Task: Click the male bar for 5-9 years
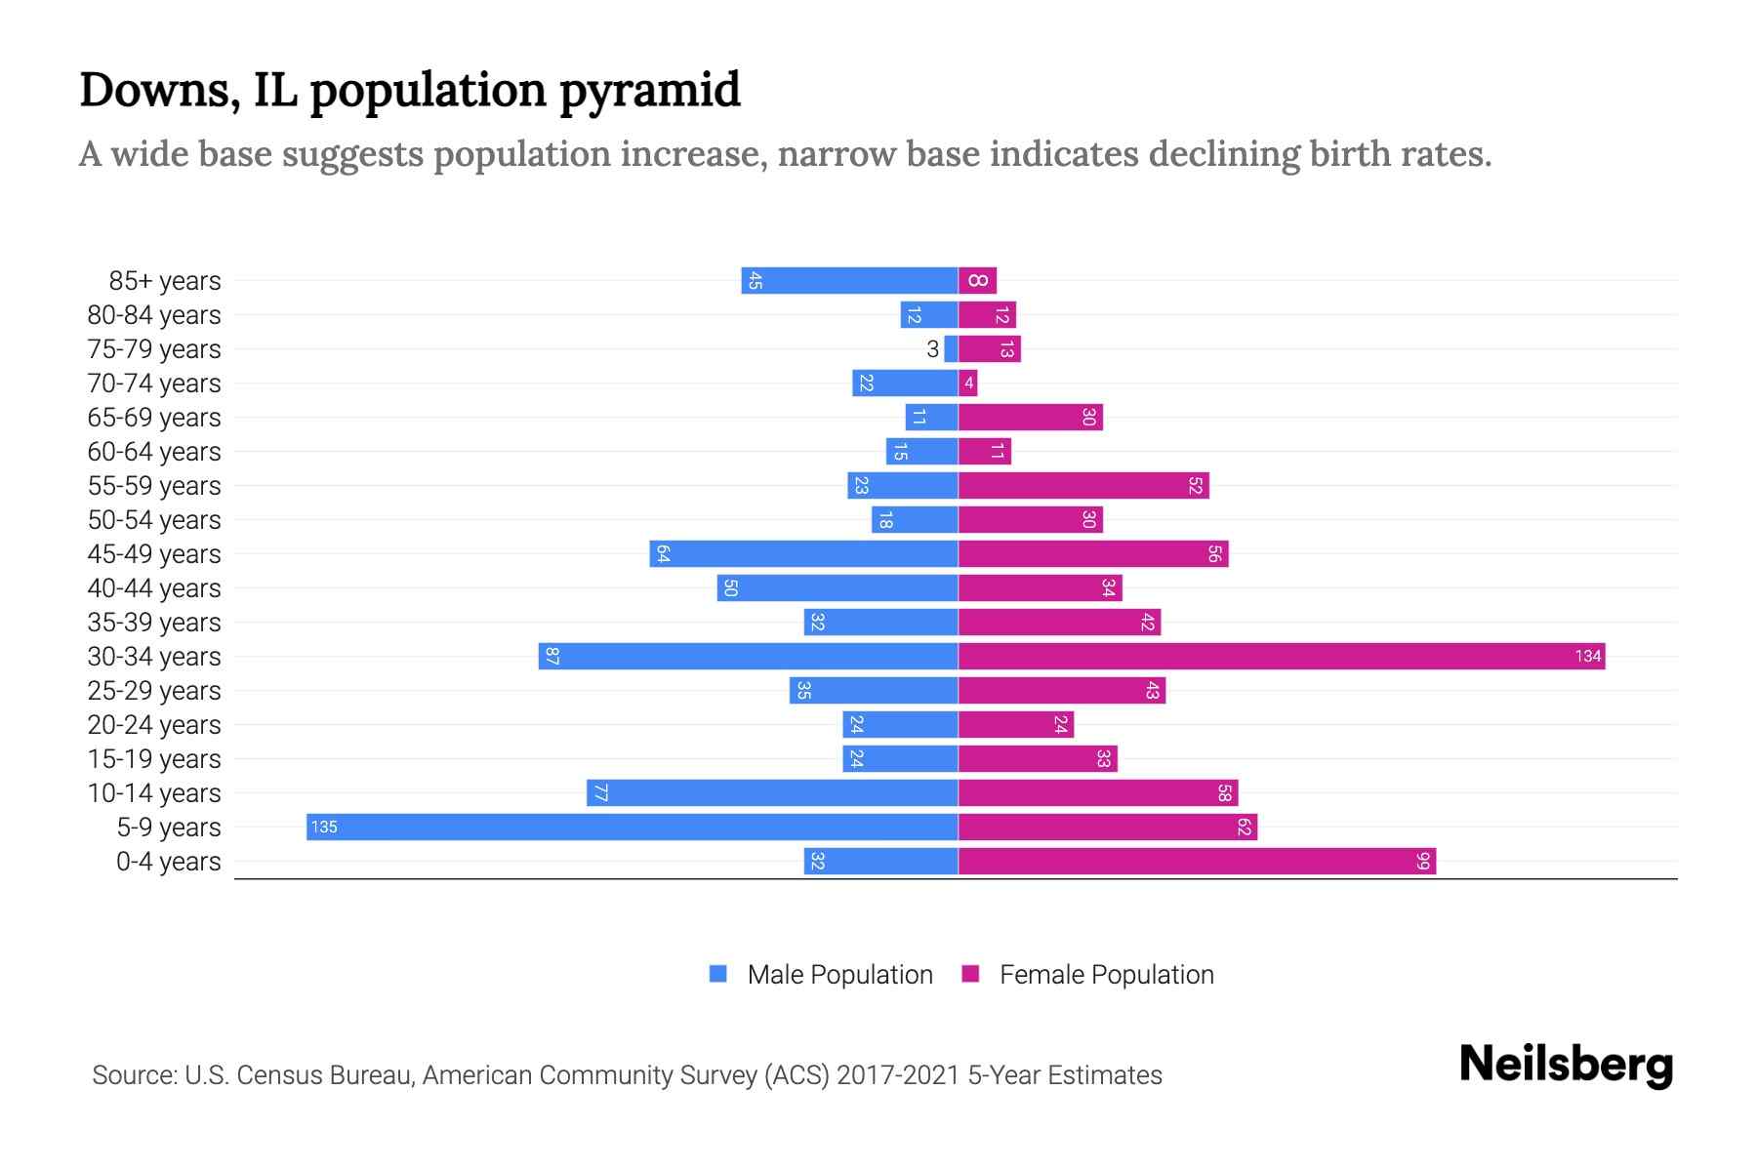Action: pyautogui.click(x=633, y=827)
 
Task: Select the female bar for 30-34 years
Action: pyautogui.click(x=1281, y=656)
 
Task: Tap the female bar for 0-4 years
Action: pyautogui.click(x=1197, y=861)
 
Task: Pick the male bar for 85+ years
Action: pyautogui.click(x=849, y=281)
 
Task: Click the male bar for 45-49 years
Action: pyautogui.click(x=803, y=553)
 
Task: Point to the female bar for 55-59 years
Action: pyautogui.click(x=1083, y=485)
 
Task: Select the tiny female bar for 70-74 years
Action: pyautogui.click(x=967, y=384)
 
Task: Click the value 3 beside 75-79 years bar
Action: pyautogui.click(x=932, y=349)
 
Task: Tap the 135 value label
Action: pyautogui.click(x=324, y=828)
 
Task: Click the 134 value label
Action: pyautogui.click(x=1587, y=656)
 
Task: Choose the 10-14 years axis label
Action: pyautogui.click(x=154, y=793)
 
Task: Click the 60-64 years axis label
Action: pyautogui.click(x=154, y=452)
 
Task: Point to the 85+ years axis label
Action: pyautogui.click(x=165, y=281)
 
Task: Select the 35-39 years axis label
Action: pyautogui.click(x=154, y=623)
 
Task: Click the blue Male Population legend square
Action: pyautogui.click(x=718, y=974)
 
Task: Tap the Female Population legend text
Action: pyautogui.click(x=1106, y=975)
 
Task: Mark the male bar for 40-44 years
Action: pyautogui.click(x=838, y=587)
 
